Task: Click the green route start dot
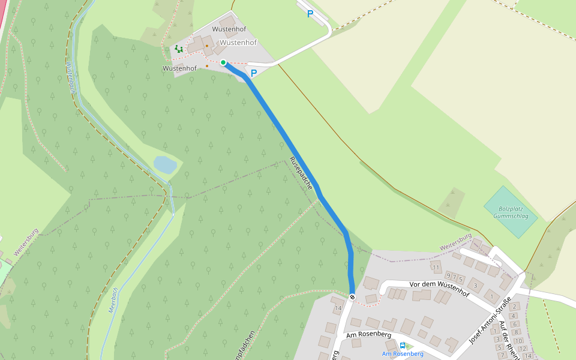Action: point(223,62)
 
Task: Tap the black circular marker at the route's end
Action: point(352,296)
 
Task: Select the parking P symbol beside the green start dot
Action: point(254,73)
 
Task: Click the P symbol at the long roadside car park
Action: point(310,14)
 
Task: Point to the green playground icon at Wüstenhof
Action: point(178,49)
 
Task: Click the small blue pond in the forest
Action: point(165,164)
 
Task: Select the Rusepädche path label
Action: point(301,173)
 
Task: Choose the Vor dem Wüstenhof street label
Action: point(439,288)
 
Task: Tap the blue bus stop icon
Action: point(403,346)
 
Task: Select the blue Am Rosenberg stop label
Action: point(403,354)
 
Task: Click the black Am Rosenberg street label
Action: point(368,334)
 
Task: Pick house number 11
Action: point(436,267)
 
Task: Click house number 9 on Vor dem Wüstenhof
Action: point(448,275)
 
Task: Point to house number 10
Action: point(519,341)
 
